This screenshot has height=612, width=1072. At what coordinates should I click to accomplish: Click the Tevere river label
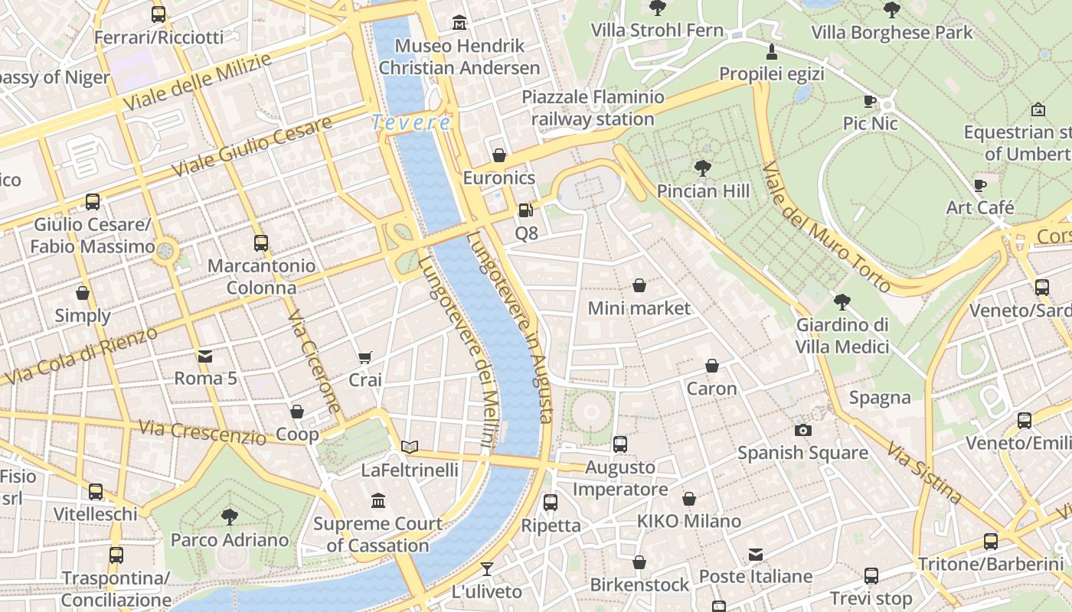(x=411, y=122)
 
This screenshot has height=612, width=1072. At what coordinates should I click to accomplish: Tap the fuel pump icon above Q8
(x=526, y=210)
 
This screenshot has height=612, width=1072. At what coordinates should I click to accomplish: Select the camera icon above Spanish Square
(x=802, y=430)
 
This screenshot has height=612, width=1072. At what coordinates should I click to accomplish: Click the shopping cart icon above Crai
(x=365, y=357)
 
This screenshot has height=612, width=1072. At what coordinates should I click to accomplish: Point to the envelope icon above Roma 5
(x=205, y=356)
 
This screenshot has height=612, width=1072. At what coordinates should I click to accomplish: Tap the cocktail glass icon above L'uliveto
(x=486, y=568)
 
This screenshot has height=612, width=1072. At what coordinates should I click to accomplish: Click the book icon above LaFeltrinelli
(x=410, y=447)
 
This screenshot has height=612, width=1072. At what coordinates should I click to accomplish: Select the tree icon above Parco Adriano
(x=229, y=516)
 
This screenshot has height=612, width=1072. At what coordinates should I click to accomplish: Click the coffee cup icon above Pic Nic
(x=870, y=100)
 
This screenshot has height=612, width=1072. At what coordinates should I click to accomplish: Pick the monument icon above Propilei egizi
(x=771, y=51)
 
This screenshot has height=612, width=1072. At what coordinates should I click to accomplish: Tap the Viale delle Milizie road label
(x=197, y=83)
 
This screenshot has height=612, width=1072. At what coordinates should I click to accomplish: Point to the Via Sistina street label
(x=924, y=473)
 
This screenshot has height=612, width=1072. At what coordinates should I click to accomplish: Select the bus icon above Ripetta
(x=551, y=503)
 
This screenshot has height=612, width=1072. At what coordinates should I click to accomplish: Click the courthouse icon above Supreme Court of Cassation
(x=378, y=500)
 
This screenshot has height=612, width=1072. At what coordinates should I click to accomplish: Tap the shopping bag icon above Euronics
(x=499, y=155)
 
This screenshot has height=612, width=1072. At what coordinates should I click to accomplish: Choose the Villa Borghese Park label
(x=891, y=32)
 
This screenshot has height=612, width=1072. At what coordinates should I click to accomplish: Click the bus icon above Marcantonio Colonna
(x=261, y=243)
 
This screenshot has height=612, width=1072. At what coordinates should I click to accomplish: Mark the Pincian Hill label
(x=703, y=190)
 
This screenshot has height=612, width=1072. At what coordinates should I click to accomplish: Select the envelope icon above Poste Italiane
(x=756, y=554)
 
